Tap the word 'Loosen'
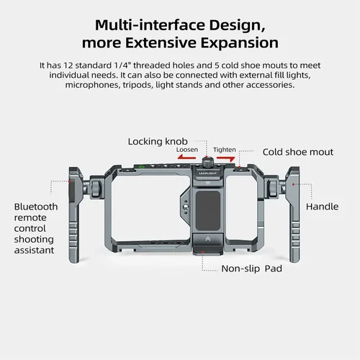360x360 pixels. tap(187, 150)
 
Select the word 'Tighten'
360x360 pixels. tap(225, 150)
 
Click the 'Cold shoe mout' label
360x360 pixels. tap(298, 152)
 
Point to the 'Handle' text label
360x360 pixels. tap(322, 207)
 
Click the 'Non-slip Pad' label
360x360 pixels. tap(252, 268)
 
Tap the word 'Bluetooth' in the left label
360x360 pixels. tap(36, 207)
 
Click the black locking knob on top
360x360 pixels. tap(207, 163)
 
